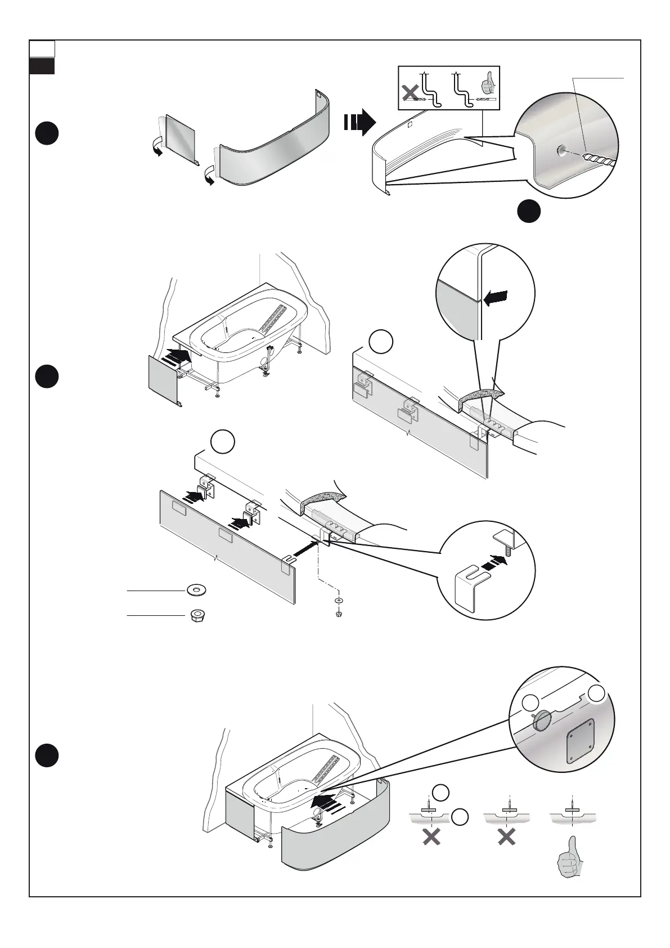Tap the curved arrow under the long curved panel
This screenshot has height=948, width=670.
click(209, 178)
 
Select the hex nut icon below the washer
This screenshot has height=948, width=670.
click(196, 615)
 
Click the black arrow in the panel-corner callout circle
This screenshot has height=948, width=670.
click(495, 298)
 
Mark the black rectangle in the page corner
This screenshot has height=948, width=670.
click(42, 66)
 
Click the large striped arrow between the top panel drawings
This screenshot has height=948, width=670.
click(359, 122)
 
